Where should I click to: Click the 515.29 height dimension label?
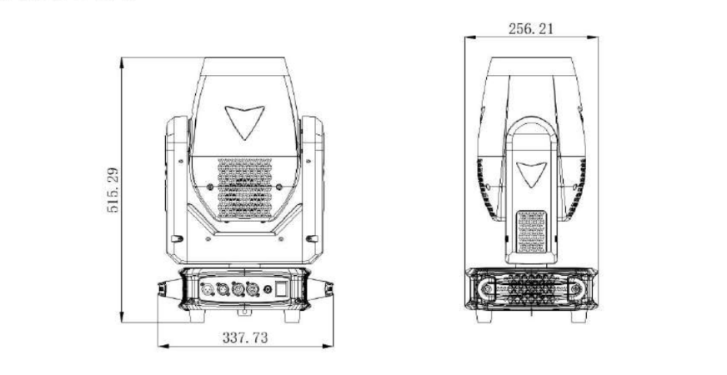tap(113, 190)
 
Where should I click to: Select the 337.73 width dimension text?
tap(245, 337)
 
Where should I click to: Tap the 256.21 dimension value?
tap(531, 28)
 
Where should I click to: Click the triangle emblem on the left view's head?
tap(245, 122)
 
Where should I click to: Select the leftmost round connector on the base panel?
tap(208, 290)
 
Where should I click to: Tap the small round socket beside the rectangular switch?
tap(268, 290)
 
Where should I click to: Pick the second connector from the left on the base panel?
tap(223, 290)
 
